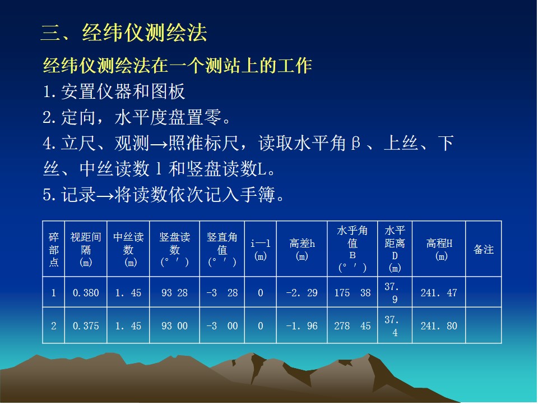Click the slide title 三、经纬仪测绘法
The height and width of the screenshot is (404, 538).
pos(124,33)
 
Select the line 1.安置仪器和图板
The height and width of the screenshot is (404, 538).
pos(114,91)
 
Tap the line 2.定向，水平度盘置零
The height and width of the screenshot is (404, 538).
pos(137,117)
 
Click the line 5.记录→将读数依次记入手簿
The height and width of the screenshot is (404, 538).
pos(164,195)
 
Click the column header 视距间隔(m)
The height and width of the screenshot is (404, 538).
pos(86,249)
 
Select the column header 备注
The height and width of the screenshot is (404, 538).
pos(484,249)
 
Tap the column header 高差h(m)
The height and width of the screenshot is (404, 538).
pos(302,249)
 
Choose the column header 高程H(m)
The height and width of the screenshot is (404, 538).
pos(439,249)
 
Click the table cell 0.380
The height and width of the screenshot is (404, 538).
pos(86,293)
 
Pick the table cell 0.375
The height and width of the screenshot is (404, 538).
pos(86,325)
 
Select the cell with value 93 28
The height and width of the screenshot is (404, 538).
pos(175,293)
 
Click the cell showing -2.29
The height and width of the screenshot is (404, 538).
pos(302,293)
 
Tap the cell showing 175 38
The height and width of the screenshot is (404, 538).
pos(353,293)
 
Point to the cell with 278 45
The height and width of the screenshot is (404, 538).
pos(353,325)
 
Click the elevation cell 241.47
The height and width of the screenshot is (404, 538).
pos(439,293)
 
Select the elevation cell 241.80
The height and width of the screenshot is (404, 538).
pos(439,325)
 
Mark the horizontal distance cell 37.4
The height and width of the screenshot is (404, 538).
pos(392,326)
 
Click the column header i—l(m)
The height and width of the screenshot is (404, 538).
pos(261,249)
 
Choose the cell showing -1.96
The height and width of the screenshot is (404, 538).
pos(302,325)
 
